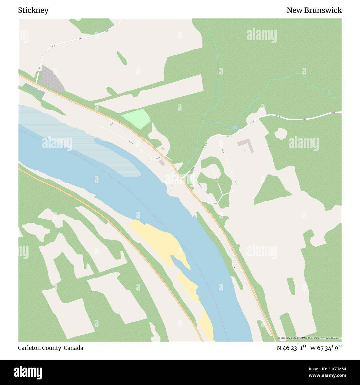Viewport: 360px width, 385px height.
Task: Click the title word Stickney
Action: [x=33, y=11]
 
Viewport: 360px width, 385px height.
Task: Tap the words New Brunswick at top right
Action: [x=314, y=11]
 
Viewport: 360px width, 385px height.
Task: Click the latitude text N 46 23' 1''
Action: [x=291, y=348]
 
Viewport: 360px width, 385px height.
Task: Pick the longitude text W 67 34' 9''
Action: [x=326, y=348]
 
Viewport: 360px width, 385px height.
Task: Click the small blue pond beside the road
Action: [x=235, y=128]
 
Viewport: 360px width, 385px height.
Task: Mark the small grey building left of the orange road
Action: [x=161, y=162]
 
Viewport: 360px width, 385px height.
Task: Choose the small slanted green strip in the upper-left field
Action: [x=122, y=58]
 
